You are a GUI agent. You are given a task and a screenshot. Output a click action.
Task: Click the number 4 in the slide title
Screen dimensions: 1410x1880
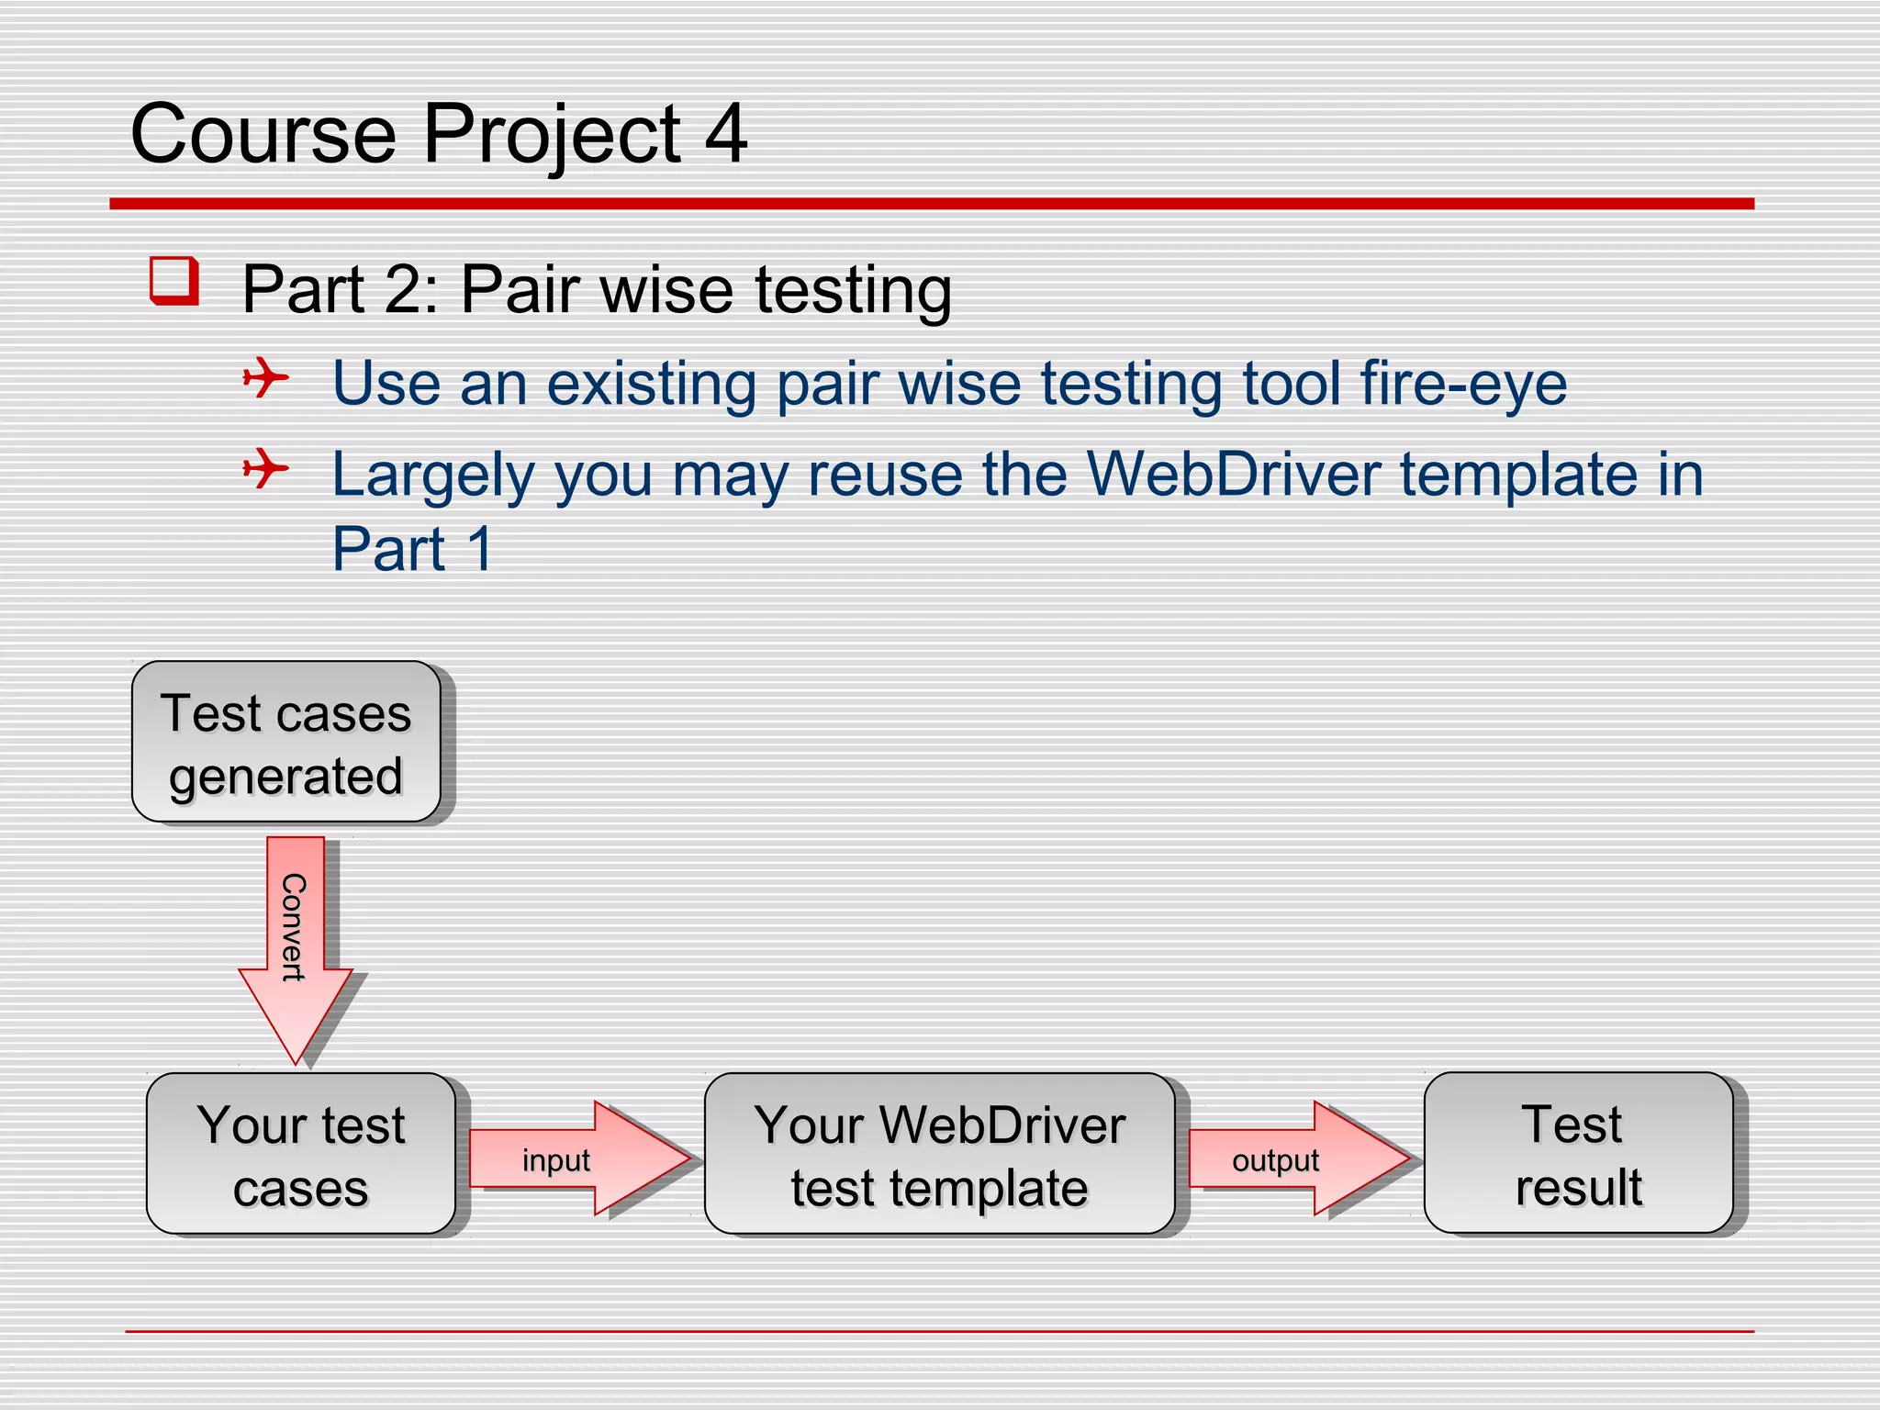[725, 135]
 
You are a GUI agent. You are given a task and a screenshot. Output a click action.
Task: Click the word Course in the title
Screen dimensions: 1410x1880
[263, 135]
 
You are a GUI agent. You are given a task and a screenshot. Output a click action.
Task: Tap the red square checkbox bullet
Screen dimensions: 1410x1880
[174, 280]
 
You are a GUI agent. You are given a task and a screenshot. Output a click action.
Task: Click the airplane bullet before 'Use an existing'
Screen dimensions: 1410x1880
[265, 377]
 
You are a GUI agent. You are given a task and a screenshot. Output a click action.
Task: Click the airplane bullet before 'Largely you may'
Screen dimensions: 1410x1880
[265, 469]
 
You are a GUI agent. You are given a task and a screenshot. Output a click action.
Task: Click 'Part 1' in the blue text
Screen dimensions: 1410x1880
[412, 549]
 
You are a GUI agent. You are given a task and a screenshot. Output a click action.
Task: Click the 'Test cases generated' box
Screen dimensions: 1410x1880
[286, 742]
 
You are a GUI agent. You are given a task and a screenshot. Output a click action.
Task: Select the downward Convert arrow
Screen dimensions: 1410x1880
[296, 946]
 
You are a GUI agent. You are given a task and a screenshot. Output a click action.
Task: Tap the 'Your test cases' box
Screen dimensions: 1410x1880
[301, 1154]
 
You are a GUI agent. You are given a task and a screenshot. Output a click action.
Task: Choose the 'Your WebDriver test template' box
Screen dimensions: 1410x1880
[939, 1154]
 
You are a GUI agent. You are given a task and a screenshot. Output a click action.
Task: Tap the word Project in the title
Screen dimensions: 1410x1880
[552, 135]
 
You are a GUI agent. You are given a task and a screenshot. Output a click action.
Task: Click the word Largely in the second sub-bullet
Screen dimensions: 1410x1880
[432, 476]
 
